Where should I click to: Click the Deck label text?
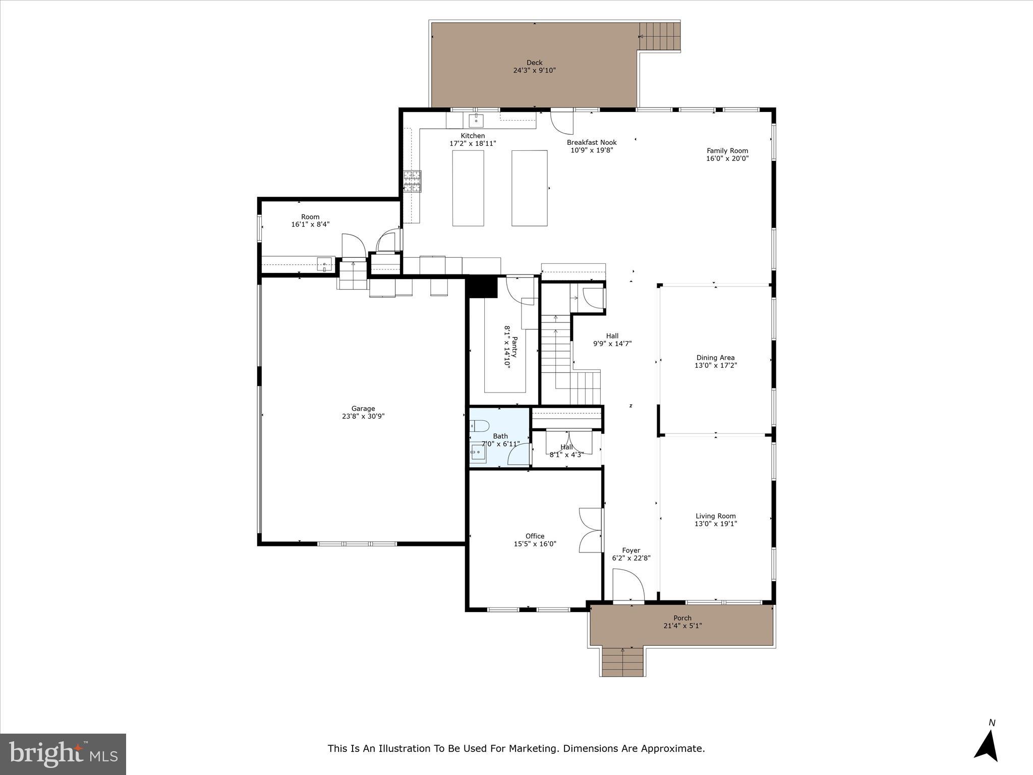[x=534, y=63]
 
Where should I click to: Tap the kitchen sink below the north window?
[x=476, y=121]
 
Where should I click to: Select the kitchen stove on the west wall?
[x=412, y=182]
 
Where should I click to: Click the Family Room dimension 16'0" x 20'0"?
[x=727, y=158]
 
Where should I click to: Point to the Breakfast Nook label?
[x=591, y=142]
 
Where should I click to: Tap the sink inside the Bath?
[x=478, y=453]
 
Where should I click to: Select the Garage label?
[x=363, y=409]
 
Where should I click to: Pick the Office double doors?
[x=591, y=530]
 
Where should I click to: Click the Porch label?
[x=682, y=618]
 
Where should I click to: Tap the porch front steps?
[x=623, y=661]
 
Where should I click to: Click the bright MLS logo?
[x=63, y=754]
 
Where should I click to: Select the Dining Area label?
[x=715, y=358]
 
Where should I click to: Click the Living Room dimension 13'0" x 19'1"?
[x=715, y=524]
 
